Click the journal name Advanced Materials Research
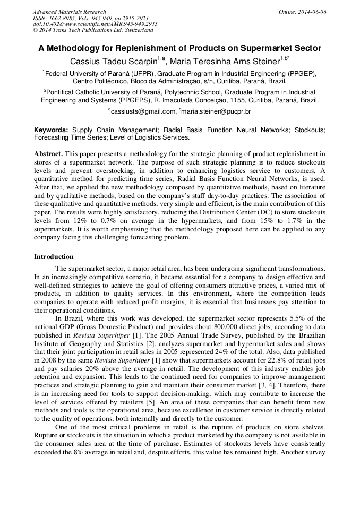tap(69, 12)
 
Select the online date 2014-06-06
tap(313, 12)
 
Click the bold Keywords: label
tap(51, 130)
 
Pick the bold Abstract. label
tap(48, 153)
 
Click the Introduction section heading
tap(54, 257)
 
